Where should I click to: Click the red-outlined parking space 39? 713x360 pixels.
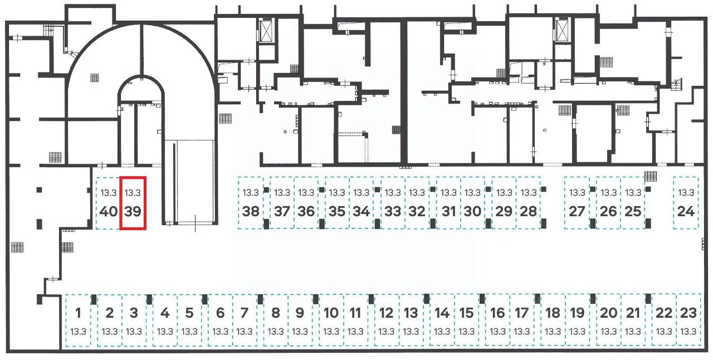coord(133,203)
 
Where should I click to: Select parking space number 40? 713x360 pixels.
coord(108,203)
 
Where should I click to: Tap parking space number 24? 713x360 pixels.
coord(686,203)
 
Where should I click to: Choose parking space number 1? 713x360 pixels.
coord(79,320)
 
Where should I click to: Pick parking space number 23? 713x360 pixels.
coord(688,320)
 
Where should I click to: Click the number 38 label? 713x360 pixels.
coord(251,212)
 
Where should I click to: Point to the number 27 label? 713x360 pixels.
coord(577,212)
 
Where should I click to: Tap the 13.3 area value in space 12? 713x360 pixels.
coord(387,332)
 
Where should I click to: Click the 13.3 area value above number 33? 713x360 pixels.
coord(393,193)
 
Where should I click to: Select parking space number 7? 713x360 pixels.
coord(245,320)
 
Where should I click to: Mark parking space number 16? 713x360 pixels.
coord(497,320)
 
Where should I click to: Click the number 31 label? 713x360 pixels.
coord(448,212)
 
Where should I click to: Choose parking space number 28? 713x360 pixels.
coord(529,203)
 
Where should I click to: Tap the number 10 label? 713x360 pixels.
coord(331,313)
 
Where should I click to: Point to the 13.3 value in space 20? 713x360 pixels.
coord(609,332)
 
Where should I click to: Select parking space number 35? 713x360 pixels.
coord(337,203)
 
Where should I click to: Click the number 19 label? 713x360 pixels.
coord(578,313)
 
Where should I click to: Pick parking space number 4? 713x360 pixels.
coord(165,320)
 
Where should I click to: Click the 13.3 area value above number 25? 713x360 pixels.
coord(633,193)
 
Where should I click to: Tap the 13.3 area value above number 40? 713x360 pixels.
coord(108,193)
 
